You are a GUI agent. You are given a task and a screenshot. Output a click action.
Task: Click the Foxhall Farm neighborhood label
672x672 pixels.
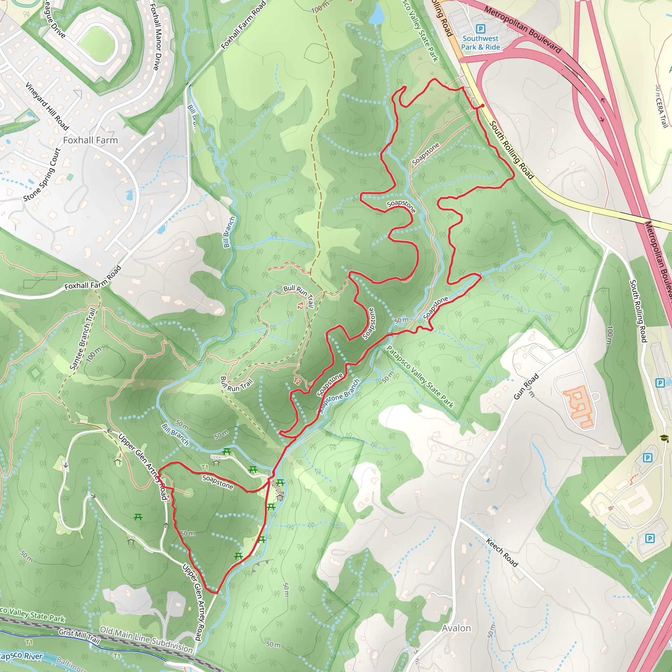[91, 140]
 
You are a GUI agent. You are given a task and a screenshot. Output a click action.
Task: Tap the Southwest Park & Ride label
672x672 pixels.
[480, 43]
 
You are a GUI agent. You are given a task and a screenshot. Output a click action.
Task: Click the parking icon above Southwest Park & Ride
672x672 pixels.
[480, 29]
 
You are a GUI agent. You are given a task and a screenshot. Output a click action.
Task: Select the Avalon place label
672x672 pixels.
[456, 628]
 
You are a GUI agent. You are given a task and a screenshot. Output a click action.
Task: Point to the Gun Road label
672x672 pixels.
[526, 387]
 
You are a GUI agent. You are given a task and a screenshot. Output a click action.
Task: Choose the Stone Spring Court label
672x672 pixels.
[42, 175]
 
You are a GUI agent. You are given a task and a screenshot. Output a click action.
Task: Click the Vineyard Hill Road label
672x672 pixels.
[47, 106]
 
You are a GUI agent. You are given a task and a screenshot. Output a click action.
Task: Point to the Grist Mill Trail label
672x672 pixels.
[79, 635]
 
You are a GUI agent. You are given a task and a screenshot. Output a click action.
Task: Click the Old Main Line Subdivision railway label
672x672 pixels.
[146, 639]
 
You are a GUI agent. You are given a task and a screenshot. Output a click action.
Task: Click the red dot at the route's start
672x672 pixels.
[482, 105]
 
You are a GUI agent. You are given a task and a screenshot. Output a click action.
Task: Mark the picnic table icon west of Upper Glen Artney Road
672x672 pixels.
[138, 517]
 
